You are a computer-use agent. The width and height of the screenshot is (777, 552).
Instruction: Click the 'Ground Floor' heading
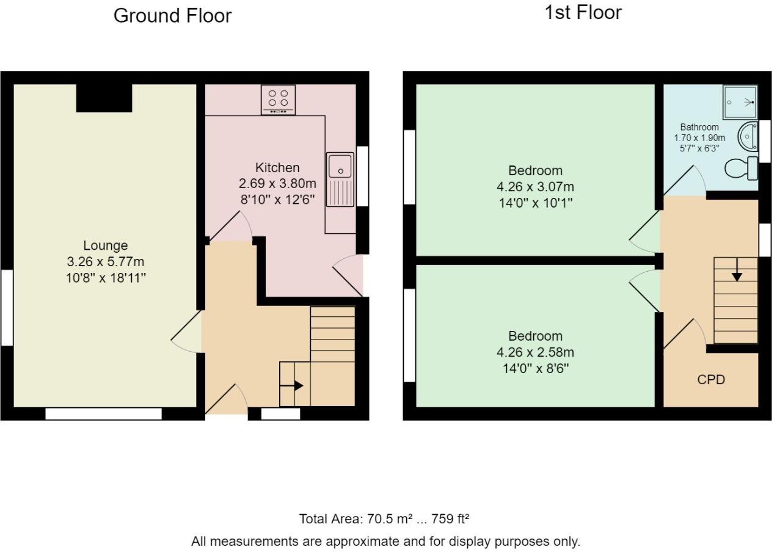click(172, 16)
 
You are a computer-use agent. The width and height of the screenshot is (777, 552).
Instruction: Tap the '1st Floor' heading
click(583, 13)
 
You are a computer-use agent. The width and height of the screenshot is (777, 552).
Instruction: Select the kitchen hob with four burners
click(278, 100)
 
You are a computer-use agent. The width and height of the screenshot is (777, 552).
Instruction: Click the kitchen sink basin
click(340, 167)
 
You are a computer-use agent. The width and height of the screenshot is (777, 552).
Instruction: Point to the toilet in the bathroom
click(741, 168)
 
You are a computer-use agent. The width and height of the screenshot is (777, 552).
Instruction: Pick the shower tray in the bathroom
click(740, 103)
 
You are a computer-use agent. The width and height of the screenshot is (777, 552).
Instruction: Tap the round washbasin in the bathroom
click(748, 136)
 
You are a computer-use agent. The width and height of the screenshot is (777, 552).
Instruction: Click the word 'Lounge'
click(106, 245)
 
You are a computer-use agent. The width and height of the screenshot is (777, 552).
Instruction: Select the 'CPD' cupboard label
click(711, 380)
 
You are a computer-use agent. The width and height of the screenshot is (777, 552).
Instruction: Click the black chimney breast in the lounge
click(104, 98)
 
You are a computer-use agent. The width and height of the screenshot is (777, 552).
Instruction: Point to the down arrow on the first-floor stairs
click(737, 269)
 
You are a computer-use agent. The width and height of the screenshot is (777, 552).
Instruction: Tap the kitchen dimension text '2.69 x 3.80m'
click(277, 183)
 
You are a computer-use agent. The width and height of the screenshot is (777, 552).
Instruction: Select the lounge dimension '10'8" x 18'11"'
click(106, 278)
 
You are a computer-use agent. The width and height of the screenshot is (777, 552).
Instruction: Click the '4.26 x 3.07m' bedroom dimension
click(535, 187)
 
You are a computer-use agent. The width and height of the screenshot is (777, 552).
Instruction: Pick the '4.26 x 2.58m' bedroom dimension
click(535, 352)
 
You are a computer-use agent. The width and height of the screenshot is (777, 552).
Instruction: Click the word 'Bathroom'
click(699, 127)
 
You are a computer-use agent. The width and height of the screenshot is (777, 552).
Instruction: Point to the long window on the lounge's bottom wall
click(104, 414)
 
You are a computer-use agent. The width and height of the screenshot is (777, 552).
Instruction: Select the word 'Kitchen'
click(277, 168)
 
